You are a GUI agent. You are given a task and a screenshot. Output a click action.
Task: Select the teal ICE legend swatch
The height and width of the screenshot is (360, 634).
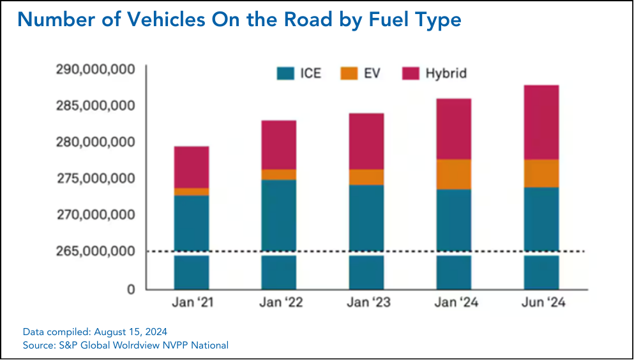tap(285, 73)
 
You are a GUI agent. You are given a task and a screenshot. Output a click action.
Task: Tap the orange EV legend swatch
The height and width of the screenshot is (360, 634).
tap(349, 73)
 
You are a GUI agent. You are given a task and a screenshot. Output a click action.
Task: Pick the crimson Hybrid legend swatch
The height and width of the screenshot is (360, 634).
tap(410, 73)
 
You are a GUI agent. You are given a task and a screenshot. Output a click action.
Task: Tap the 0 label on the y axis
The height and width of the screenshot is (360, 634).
tap(131, 289)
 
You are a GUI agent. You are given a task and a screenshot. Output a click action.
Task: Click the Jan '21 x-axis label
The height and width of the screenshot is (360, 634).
tap(192, 303)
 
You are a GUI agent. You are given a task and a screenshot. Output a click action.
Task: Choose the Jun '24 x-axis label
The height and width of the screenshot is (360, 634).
tap(541, 303)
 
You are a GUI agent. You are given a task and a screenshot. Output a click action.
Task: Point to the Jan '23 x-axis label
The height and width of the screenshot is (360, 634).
tap(366, 303)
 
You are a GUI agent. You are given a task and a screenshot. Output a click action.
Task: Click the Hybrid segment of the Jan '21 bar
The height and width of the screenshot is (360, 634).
tap(192, 167)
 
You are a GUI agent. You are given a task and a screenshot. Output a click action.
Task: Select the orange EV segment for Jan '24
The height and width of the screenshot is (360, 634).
tap(454, 174)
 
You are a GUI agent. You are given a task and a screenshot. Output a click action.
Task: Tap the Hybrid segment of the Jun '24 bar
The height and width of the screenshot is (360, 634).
tap(541, 122)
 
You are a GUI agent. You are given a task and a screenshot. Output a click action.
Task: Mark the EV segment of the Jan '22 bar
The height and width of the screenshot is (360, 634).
tap(279, 174)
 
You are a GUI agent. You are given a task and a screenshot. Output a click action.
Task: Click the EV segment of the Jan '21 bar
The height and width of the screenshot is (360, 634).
tap(192, 191)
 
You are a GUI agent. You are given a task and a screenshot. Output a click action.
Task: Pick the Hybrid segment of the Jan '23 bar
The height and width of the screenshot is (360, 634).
tap(366, 141)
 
